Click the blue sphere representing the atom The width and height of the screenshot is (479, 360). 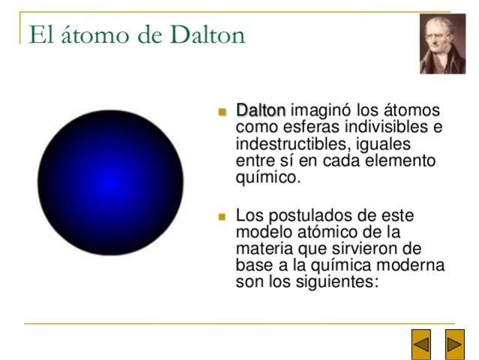[x=110, y=182]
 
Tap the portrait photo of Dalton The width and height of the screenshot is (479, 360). [x=442, y=44]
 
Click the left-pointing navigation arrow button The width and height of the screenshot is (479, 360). [x=422, y=345]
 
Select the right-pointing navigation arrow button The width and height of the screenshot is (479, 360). [x=454, y=345]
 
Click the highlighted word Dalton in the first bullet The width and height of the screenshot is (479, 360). [x=260, y=110]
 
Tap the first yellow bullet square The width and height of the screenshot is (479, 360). [x=222, y=112]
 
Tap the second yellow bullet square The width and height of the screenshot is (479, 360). [x=222, y=217]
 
